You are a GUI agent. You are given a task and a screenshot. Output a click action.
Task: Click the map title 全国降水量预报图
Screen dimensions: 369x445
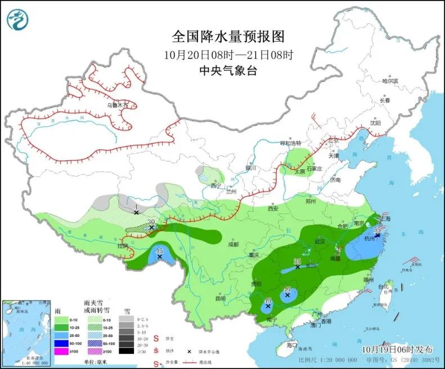pyautogui.click(x=228, y=37)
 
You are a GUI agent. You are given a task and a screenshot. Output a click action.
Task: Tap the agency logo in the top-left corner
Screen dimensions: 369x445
pyautogui.click(x=17, y=20)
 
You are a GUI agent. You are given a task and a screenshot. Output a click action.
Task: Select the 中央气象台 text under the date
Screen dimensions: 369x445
pyautogui.click(x=228, y=71)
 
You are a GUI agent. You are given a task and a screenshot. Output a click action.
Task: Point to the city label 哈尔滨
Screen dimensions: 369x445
pyautogui.click(x=390, y=81)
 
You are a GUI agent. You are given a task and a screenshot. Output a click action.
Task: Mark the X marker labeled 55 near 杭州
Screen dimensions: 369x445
pyautogui.click(x=376, y=235)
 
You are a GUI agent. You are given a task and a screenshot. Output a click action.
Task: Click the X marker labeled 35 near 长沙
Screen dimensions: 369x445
pyautogui.click(x=298, y=267)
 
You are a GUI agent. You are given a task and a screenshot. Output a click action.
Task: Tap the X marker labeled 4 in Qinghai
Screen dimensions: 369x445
pyautogui.click(x=136, y=213)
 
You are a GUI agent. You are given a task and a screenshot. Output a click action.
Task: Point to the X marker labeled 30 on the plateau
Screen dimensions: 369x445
pyautogui.click(x=151, y=227)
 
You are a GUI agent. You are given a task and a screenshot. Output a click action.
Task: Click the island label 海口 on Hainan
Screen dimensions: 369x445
pyautogui.click(x=290, y=344)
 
